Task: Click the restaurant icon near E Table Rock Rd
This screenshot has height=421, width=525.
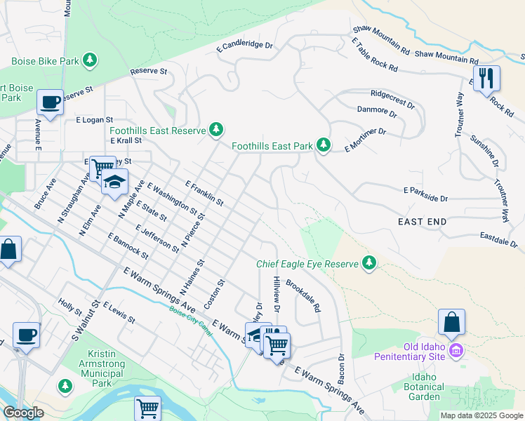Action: click(486, 78)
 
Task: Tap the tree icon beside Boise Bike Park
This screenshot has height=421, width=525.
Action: click(89, 61)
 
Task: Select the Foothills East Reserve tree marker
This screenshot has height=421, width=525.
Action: click(217, 130)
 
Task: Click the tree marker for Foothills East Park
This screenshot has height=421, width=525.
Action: click(323, 145)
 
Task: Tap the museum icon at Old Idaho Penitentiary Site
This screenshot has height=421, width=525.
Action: click(456, 349)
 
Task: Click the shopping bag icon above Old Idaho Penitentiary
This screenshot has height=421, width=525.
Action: click(451, 322)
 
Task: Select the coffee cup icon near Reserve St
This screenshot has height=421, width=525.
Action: click(50, 102)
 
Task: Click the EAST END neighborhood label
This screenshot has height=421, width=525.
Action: click(422, 222)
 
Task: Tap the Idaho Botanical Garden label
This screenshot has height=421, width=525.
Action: click(425, 387)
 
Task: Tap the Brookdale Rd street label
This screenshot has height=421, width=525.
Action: click(303, 296)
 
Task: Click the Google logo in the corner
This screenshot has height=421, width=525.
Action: click(22, 413)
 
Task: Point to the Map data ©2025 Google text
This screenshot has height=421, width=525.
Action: click(481, 415)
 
